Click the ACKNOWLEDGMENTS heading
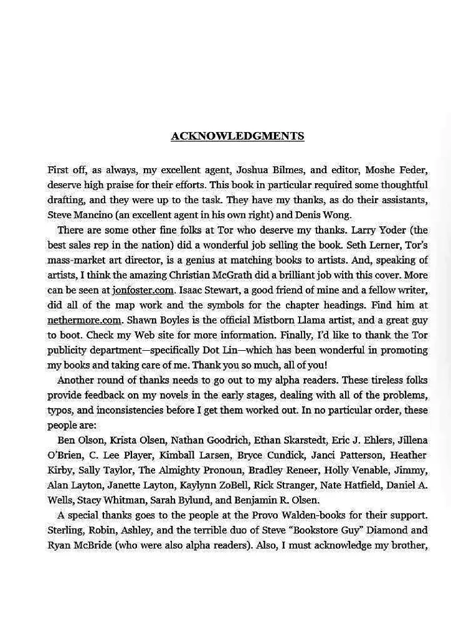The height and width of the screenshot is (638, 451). [237, 136]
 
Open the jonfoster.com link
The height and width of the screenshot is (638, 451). [143, 290]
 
